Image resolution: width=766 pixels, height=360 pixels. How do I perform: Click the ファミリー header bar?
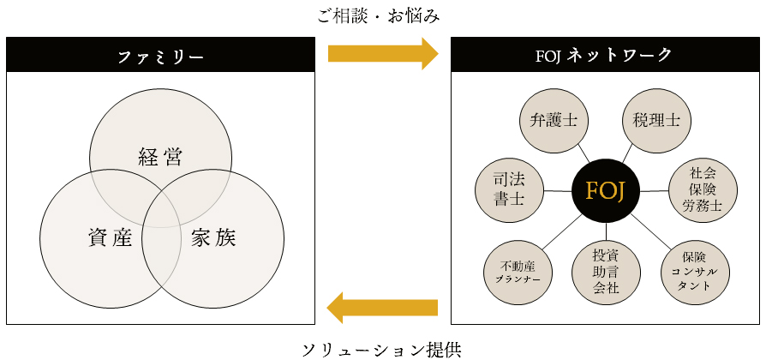pyautogui.click(x=160, y=56)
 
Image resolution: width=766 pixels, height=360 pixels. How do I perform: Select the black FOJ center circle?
pyautogui.click(x=606, y=191)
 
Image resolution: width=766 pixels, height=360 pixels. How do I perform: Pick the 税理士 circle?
pyautogui.click(x=656, y=120)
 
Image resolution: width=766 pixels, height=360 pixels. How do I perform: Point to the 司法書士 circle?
pyautogui.click(x=508, y=190)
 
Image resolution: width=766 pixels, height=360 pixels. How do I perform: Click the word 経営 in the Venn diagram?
pyautogui.click(x=160, y=157)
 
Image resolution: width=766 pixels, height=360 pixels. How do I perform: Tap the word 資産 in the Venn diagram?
pyautogui.click(x=109, y=237)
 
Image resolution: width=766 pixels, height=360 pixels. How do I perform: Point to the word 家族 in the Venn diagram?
pyautogui.click(x=212, y=237)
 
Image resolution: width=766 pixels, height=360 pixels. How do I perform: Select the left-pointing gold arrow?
pyautogui.click(x=382, y=307)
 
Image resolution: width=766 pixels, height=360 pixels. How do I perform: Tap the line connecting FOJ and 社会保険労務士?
pyautogui.click(x=655, y=190)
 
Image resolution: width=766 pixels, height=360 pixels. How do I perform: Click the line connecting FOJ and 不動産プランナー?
pyautogui.click(x=560, y=232)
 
